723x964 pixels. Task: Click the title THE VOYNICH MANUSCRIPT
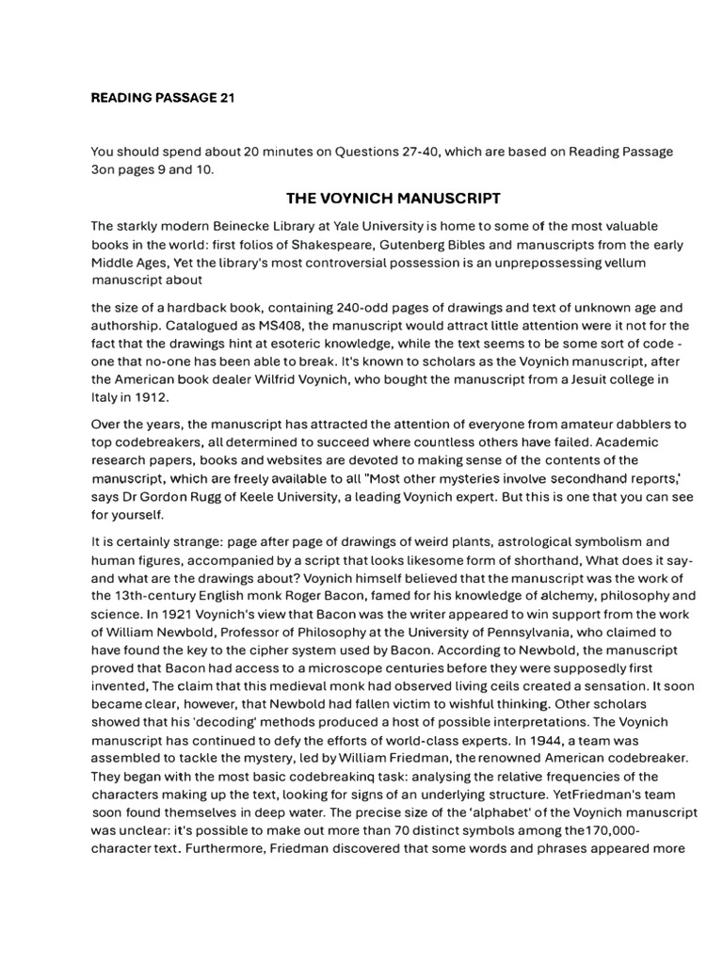[393, 198]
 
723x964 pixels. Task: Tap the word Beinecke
[257, 227]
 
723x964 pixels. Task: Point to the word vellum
[598, 263]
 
